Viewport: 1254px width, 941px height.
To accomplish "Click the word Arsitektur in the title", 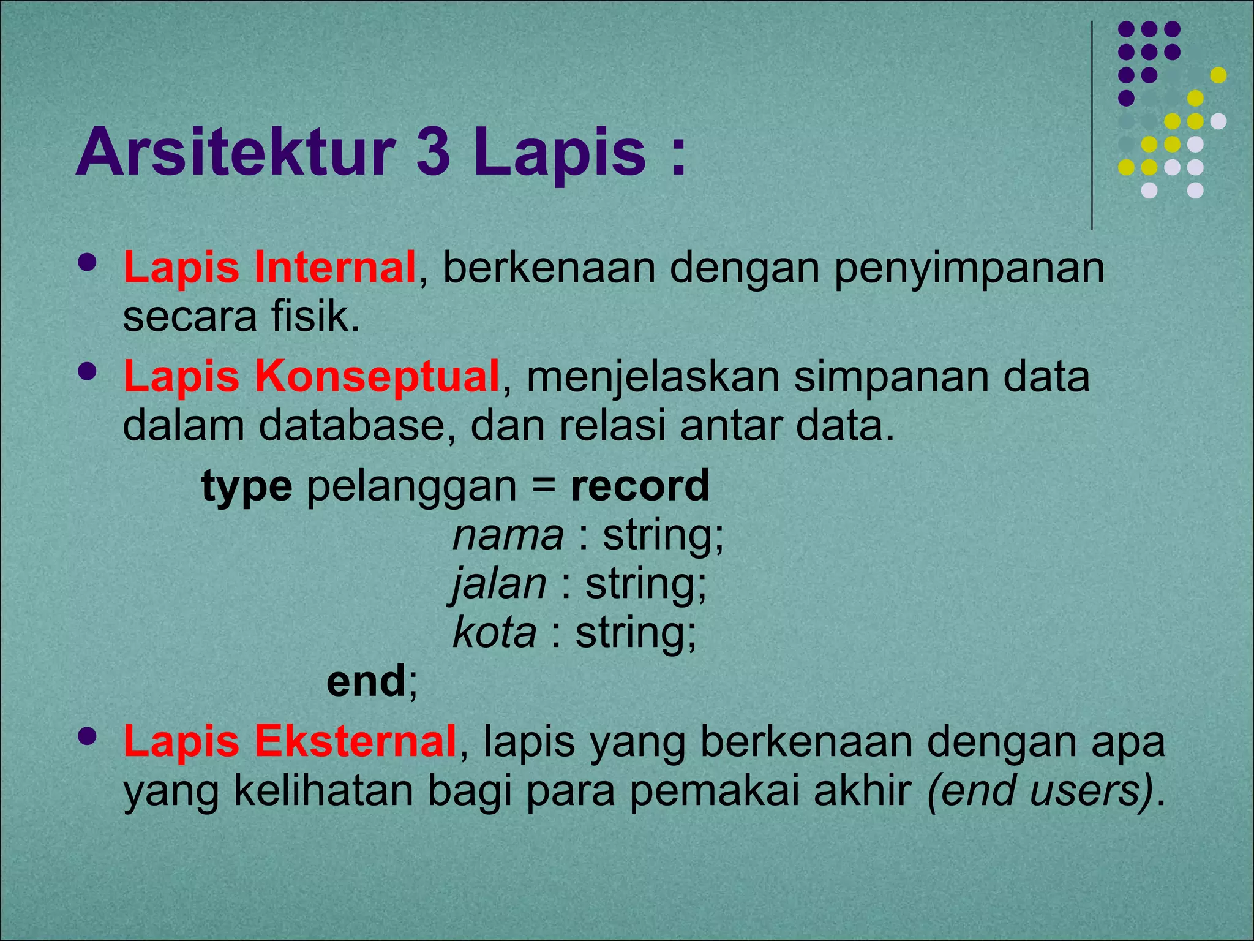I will click(x=235, y=151).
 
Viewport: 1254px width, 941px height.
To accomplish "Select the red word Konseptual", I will click(x=377, y=376).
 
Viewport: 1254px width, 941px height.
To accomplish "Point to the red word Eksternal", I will click(x=355, y=741).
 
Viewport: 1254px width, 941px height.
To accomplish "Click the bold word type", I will click(x=247, y=487).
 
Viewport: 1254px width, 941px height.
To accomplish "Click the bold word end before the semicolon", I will click(x=366, y=681).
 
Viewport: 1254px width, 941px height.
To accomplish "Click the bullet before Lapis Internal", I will click(x=88, y=263).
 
